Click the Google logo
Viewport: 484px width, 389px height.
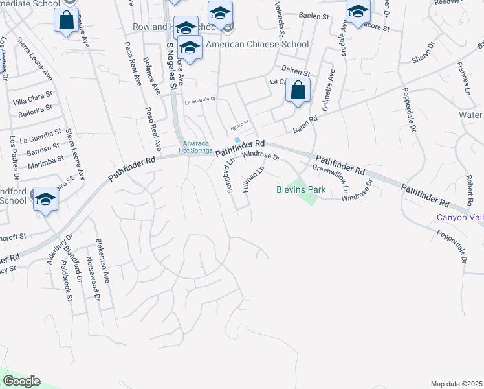pos(21,381)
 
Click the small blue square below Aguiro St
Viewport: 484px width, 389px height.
pos(237,140)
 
